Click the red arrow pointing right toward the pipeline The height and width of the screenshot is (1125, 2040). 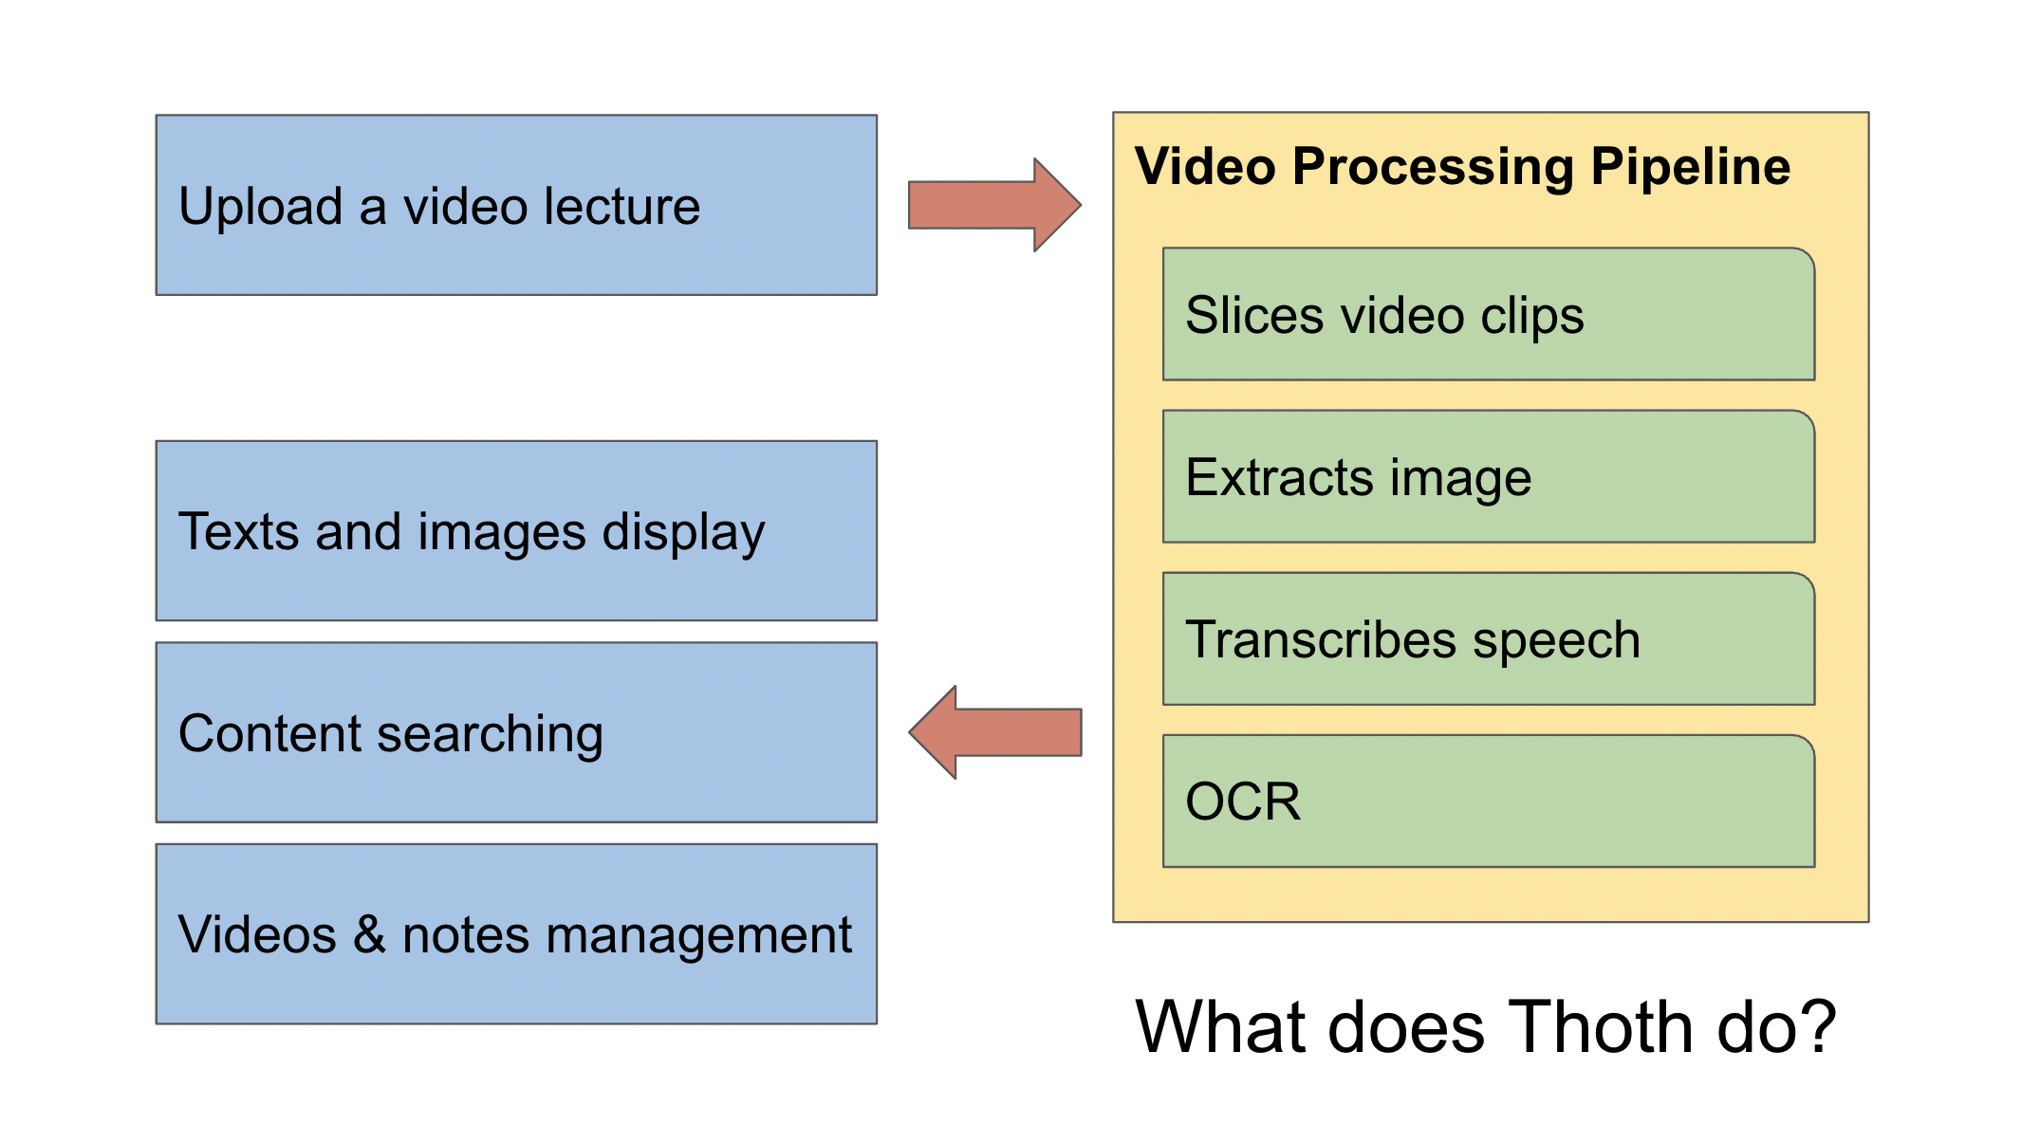(994, 205)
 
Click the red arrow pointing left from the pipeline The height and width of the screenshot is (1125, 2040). (994, 732)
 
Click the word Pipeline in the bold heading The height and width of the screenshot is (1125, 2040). (1691, 169)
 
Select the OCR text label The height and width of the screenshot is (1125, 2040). (1243, 802)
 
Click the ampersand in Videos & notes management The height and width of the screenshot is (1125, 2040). (369, 934)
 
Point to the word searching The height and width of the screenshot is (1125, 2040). (490, 736)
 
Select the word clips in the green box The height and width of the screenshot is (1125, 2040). (1532, 318)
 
